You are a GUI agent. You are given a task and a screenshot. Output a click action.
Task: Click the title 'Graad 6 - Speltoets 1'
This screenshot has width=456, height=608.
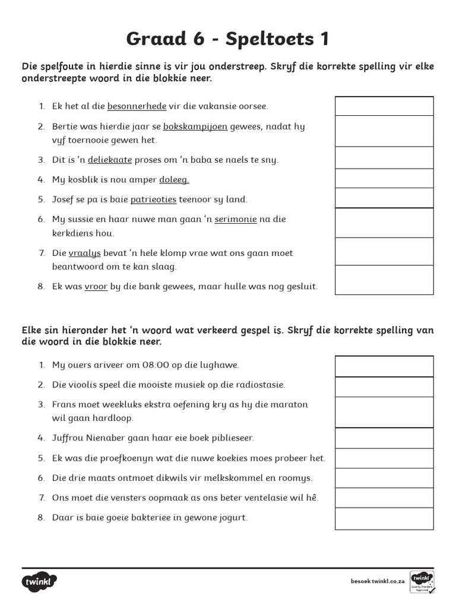pos(227,39)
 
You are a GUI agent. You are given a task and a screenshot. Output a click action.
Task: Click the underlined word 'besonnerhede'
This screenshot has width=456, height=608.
pos(137,106)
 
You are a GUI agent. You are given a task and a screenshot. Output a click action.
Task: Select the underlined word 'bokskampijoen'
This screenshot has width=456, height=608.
pos(195,126)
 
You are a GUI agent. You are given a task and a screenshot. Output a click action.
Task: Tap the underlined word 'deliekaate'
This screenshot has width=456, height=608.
pos(110,160)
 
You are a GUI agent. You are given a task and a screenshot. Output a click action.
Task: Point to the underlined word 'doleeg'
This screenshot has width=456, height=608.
pos(174,179)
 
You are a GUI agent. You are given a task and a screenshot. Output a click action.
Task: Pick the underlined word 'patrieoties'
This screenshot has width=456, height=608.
pos(154,199)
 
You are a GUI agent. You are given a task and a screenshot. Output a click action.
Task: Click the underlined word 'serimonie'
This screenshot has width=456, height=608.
pos(236,219)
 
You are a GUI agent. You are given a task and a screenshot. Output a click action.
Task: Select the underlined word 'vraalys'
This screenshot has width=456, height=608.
pos(85,253)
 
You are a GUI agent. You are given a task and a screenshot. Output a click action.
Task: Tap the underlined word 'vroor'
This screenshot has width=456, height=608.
pos(96,286)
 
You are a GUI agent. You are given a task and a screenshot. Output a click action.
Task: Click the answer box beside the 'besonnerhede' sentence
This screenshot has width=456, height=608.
pos(384,106)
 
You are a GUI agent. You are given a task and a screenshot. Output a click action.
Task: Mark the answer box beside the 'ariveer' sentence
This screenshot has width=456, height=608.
pos(384,366)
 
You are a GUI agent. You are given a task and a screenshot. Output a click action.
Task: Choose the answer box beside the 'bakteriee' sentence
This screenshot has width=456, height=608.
pos(384,518)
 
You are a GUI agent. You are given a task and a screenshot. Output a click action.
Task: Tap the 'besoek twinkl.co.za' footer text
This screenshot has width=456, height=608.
pos(377,582)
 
